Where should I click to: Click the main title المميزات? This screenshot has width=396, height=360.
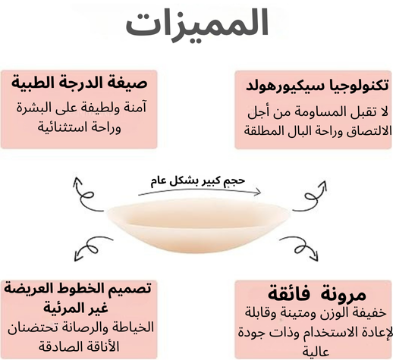pos(197,24)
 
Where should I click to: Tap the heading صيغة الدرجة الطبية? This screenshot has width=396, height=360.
pos(79,83)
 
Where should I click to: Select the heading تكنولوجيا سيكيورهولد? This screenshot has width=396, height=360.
pos(317,86)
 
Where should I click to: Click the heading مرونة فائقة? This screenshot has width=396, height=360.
pos(317,293)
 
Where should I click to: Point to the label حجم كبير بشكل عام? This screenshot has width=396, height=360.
pos(198,181)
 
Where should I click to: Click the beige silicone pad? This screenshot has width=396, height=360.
pos(198,225)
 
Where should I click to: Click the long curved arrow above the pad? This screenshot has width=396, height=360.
pos(200,190)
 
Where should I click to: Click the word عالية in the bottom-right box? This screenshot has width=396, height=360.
pos(316,352)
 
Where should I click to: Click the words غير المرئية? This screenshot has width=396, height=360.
pos(76,308)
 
